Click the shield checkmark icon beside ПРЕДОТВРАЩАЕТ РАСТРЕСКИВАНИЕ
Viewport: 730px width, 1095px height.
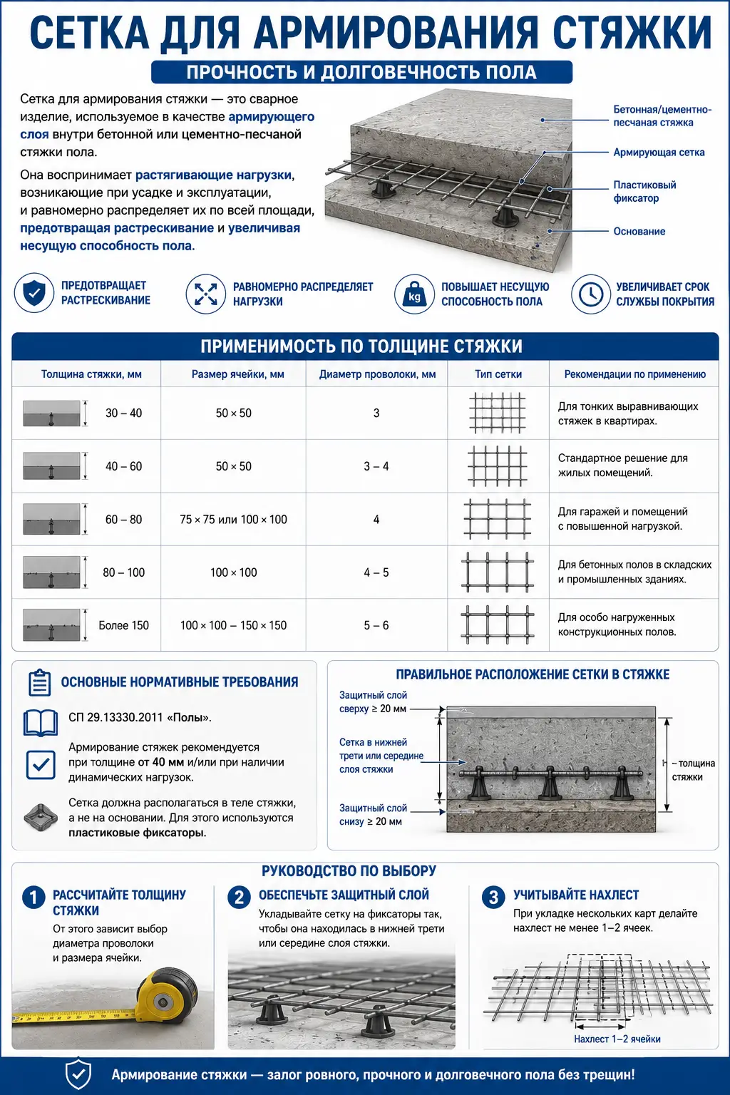point(34,293)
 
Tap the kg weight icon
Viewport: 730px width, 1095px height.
point(414,294)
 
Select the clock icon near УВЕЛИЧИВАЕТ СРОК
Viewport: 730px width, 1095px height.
point(591,294)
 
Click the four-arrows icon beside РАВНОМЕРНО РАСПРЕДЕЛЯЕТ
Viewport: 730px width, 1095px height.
point(205,294)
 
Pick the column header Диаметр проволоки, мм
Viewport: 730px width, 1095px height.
point(377,374)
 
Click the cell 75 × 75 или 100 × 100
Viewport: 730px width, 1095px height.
point(233,520)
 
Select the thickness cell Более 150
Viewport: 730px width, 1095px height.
point(124,625)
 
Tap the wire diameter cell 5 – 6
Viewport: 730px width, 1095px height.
point(376,625)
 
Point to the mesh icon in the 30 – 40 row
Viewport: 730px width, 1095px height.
point(498,413)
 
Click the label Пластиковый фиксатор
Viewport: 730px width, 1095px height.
point(644,192)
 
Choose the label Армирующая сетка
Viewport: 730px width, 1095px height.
point(659,153)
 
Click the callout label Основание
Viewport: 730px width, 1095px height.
point(639,231)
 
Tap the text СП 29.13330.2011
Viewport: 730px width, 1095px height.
point(115,718)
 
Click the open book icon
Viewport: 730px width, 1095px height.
point(41,723)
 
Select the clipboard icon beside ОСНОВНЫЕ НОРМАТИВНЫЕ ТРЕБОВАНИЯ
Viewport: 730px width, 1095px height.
point(40,682)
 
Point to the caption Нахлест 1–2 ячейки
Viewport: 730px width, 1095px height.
point(617,1039)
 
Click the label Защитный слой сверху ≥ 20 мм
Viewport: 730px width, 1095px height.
point(373,702)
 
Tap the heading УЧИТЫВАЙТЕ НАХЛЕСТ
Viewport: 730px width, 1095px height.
point(576,895)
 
